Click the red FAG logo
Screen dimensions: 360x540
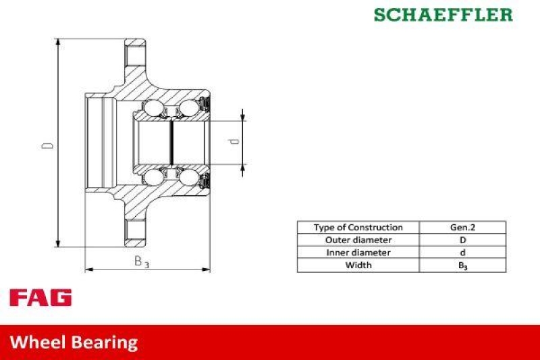(x=40, y=298)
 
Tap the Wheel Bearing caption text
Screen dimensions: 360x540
(x=74, y=342)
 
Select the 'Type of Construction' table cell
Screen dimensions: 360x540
(x=358, y=228)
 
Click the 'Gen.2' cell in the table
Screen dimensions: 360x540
(x=462, y=228)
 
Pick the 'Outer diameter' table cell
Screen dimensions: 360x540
(x=358, y=240)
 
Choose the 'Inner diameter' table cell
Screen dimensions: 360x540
(x=358, y=253)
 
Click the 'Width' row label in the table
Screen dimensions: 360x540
(x=358, y=265)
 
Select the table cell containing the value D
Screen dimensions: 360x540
(x=462, y=240)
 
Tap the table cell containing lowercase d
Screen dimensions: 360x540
(x=462, y=253)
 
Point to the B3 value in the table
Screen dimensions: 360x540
(x=462, y=265)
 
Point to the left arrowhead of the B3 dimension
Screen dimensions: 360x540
(x=88, y=270)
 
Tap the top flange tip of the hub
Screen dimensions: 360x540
(x=135, y=44)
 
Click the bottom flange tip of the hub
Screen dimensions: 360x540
(x=135, y=243)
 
